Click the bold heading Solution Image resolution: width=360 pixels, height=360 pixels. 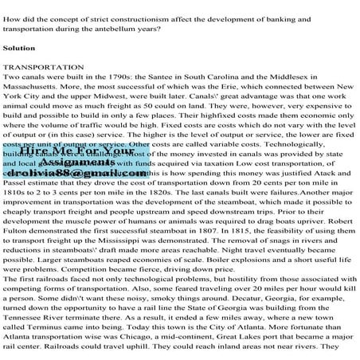[x=20, y=48]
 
